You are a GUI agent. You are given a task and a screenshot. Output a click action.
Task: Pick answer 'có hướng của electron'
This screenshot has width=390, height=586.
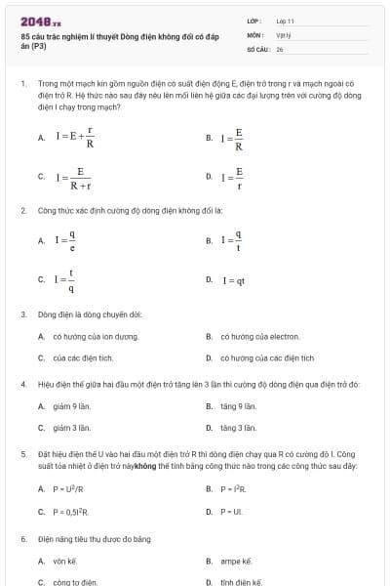[x=253, y=336]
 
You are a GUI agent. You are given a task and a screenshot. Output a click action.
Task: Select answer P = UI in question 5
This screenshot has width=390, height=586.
[x=231, y=511]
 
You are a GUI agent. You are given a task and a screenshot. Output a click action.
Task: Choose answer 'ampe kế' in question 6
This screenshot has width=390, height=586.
[x=236, y=561]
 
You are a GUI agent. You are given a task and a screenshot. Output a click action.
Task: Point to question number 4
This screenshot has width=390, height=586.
[x=22, y=384]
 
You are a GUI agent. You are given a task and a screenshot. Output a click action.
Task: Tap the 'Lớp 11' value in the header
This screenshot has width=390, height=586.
[x=285, y=20]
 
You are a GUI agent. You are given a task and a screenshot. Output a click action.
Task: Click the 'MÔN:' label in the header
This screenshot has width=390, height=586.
[x=255, y=33]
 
